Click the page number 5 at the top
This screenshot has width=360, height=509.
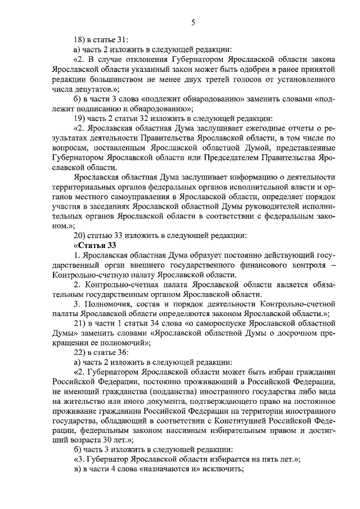(x=193, y=22)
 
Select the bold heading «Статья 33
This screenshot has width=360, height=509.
(x=95, y=245)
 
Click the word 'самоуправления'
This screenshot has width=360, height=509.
(x=139, y=196)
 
